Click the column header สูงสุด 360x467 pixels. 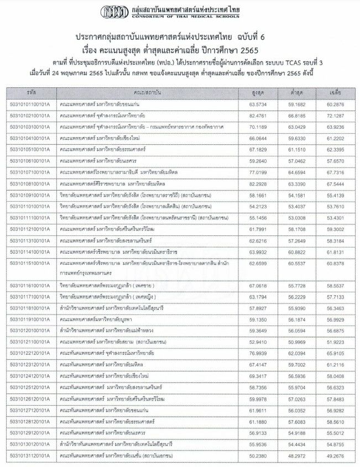coord(255,91)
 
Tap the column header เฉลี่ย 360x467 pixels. coord(335,91)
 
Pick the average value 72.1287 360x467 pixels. coord(335,116)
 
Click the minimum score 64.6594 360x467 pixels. coord(296,172)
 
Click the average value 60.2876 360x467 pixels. coord(335,103)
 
